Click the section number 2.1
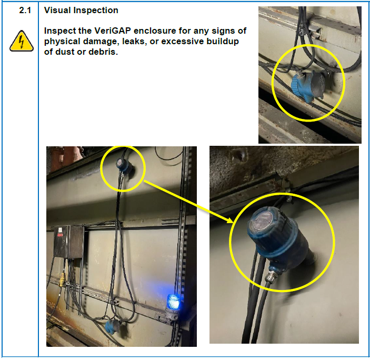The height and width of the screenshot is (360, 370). click(25, 11)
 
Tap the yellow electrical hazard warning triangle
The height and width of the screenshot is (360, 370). click(22, 41)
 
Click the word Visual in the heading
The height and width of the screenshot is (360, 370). click(57, 11)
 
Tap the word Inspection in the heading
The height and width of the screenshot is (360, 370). click(96, 11)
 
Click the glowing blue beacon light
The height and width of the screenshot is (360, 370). click(174, 302)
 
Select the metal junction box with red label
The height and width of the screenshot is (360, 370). click(68, 242)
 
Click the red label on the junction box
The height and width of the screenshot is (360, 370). click(60, 235)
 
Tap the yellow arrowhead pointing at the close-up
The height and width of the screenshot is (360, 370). click(229, 220)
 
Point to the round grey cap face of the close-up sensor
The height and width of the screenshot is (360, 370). click(262, 220)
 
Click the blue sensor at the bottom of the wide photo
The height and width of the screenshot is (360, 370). click(114, 326)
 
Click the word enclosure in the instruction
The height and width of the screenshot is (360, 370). click(155, 31)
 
